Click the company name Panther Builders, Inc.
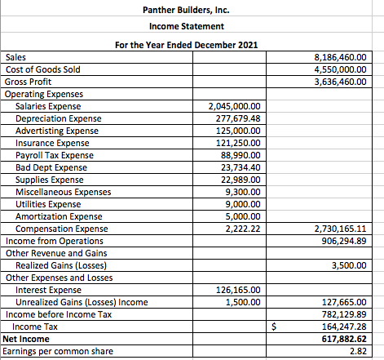pyautogui.click(x=187, y=10)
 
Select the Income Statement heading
pyautogui.click(x=187, y=27)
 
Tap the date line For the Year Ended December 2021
pyautogui.click(x=187, y=44)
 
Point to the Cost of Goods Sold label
pyautogui.click(x=42, y=70)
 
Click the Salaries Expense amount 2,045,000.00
pyautogui.click(x=234, y=107)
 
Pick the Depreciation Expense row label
pyautogui.click(x=58, y=119)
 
